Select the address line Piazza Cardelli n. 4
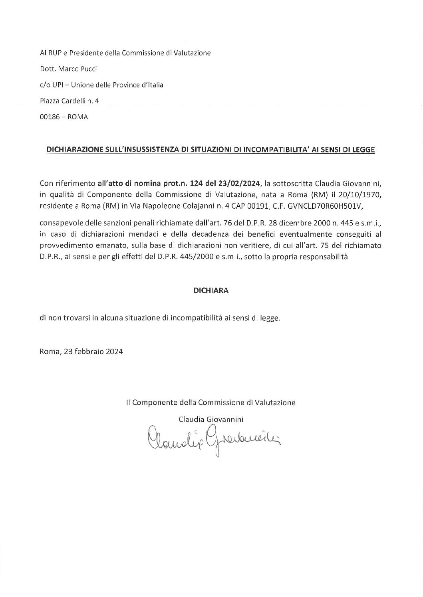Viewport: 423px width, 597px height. pyautogui.click(x=69, y=101)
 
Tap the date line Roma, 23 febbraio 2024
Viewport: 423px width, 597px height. pyautogui.click(x=81, y=352)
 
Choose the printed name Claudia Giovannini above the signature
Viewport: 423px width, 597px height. pyautogui.click(x=211, y=419)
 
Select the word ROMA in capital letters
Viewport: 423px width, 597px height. pyautogui.click(x=78, y=117)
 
